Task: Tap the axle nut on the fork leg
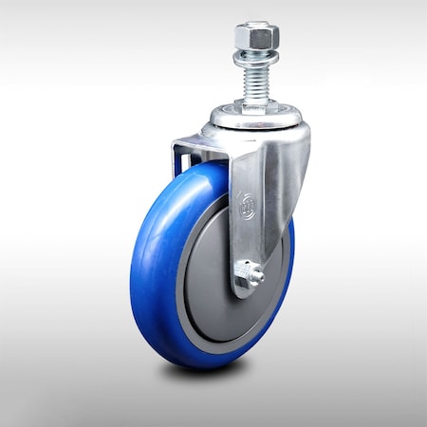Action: coord(251,275)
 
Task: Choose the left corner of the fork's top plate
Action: coord(175,144)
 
